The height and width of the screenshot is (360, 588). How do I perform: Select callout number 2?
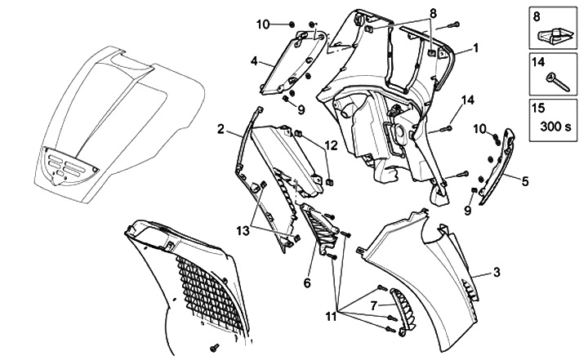[x=221, y=128]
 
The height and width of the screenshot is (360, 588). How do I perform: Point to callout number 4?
[x=255, y=60]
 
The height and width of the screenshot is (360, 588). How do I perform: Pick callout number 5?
[x=525, y=180]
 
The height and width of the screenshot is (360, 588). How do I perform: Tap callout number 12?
[x=330, y=144]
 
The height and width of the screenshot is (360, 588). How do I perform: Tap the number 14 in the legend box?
[x=539, y=61]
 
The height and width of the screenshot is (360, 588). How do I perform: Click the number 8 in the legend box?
[x=536, y=16]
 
